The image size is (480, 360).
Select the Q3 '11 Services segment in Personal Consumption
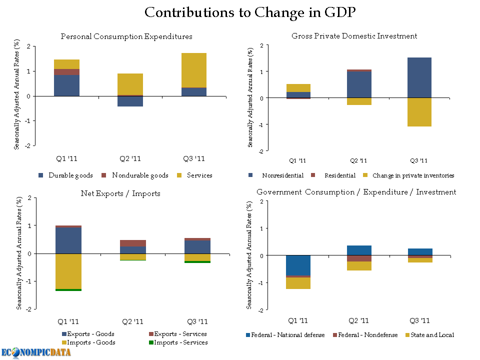193,70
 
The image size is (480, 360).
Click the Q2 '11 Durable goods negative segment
130,101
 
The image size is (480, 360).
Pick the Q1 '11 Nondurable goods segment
66,72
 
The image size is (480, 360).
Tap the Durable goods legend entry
65,175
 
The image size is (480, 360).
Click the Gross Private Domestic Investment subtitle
354,36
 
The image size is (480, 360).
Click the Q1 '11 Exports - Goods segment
68,240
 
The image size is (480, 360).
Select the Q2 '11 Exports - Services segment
133,243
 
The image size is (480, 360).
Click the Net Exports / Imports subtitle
120,193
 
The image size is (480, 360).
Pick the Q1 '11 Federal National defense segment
298,265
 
